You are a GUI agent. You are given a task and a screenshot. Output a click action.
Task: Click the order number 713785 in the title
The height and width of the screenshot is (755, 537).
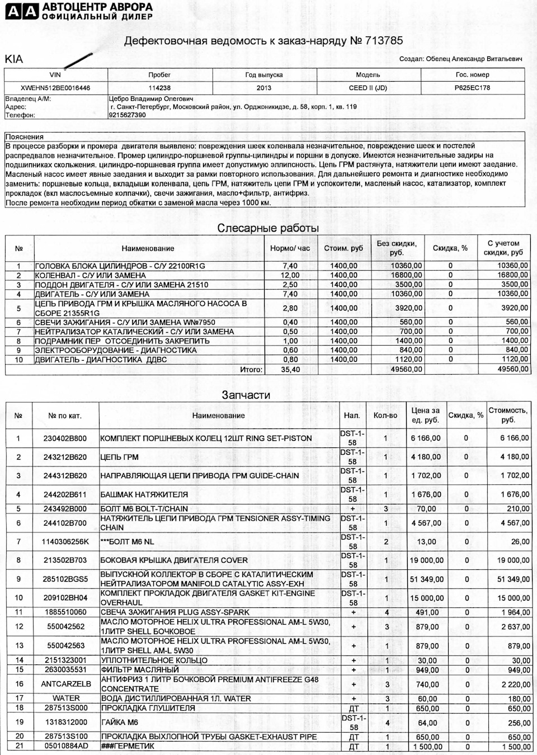pyautogui.click(x=384, y=41)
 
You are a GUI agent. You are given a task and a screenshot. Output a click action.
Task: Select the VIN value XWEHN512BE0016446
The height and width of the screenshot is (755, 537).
pyautogui.click(x=55, y=88)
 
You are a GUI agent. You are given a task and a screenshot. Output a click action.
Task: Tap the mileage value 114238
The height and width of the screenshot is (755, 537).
pyautogui.click(x=159, y=88)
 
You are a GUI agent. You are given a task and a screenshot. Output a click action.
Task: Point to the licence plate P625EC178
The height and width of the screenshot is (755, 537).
pyautogui.click(x=472, y=88)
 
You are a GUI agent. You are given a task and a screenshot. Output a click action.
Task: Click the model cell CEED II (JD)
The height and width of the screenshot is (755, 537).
pyautogui.click(x=368, y=88)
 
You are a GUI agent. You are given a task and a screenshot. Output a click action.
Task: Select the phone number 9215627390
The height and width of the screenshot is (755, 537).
pyautogui.click(x=127, y=115)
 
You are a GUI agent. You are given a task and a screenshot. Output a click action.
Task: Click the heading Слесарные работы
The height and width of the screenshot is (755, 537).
pyautogui.click(x=268, y=228)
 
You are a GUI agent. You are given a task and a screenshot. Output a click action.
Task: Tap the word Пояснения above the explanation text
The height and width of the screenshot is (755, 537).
pyautogui.click(x=24, y=136)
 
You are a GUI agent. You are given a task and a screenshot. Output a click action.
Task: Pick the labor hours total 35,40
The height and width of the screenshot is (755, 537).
pyautogui.click(x=289, y=370)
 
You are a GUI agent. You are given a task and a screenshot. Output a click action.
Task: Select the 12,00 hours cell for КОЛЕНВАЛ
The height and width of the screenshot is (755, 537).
pyautogui.click(x=289, y=275)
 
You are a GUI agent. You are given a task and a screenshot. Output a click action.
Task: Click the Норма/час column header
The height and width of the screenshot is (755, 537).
pyautogui.click(x=290, y=248)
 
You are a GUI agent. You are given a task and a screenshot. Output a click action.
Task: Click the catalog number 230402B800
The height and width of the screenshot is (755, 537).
pyautogui.click(x=65, y=438)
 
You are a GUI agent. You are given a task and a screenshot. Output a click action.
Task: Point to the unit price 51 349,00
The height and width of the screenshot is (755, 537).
pyautogui.click(x=425, y=579)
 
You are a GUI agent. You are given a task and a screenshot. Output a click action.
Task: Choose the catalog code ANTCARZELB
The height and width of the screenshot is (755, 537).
pyautogui.click(x=66, y=684)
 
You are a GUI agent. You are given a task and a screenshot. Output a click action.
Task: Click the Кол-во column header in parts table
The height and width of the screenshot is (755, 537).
pyautogui.click(x=385, y=416)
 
